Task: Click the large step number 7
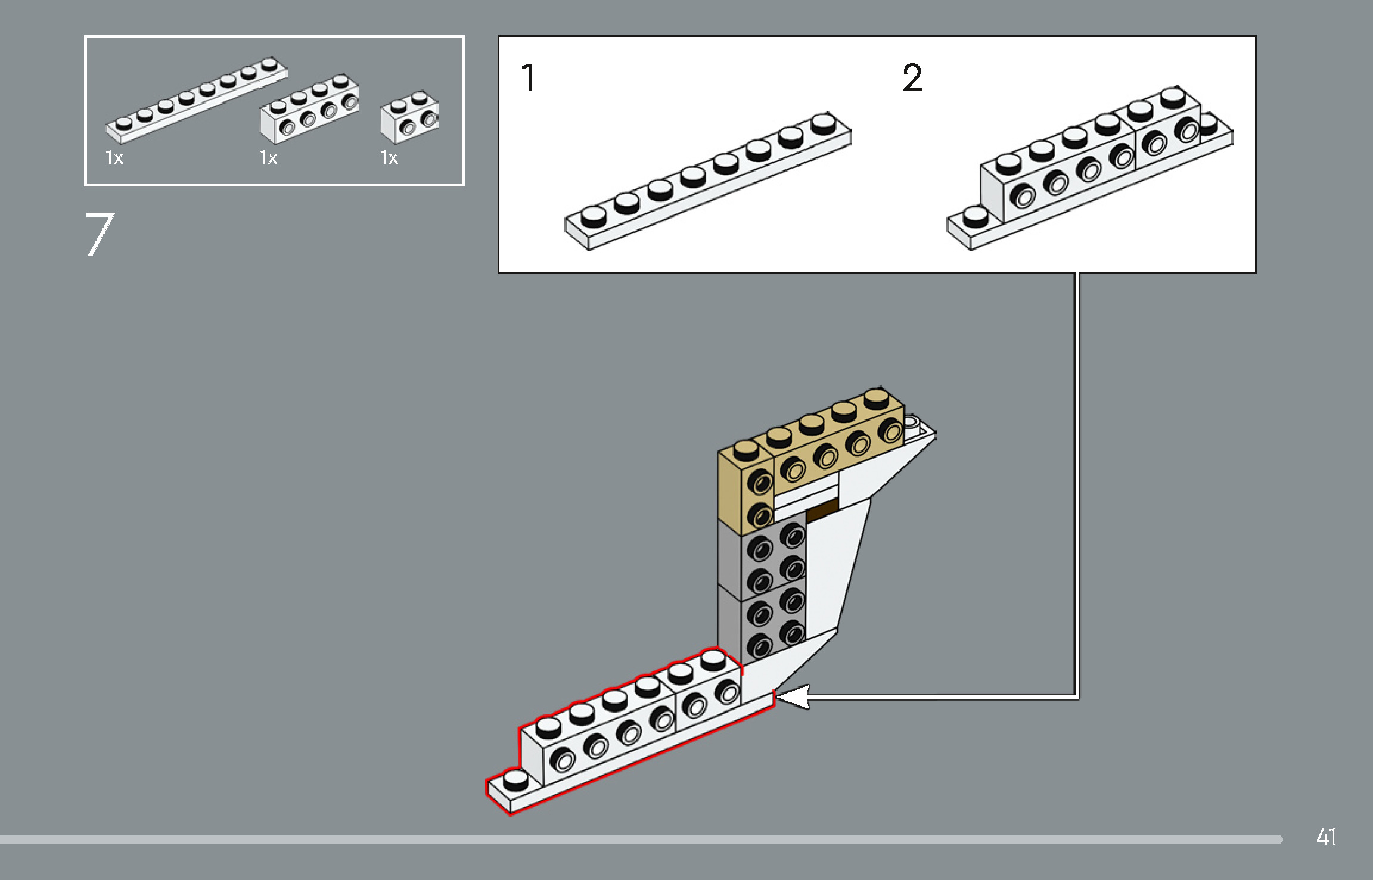click(x=100, y=235)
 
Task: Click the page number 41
click(x=1327, y=837)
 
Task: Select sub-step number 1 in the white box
click(x=529, y=77)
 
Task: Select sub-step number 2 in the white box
click(x=912, y=77)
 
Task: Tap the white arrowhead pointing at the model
click(x=793, y=696)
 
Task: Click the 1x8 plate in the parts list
click(x=197, y=101)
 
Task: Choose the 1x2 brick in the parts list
click(x=410, y=117)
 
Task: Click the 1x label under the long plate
click(x=114, y=158)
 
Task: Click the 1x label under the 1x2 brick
click(x=389, y=158)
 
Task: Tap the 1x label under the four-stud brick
click(x=268, y=158)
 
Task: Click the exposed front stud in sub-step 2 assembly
click(x=975, y=217)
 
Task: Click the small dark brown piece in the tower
click(x=823, y=511)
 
